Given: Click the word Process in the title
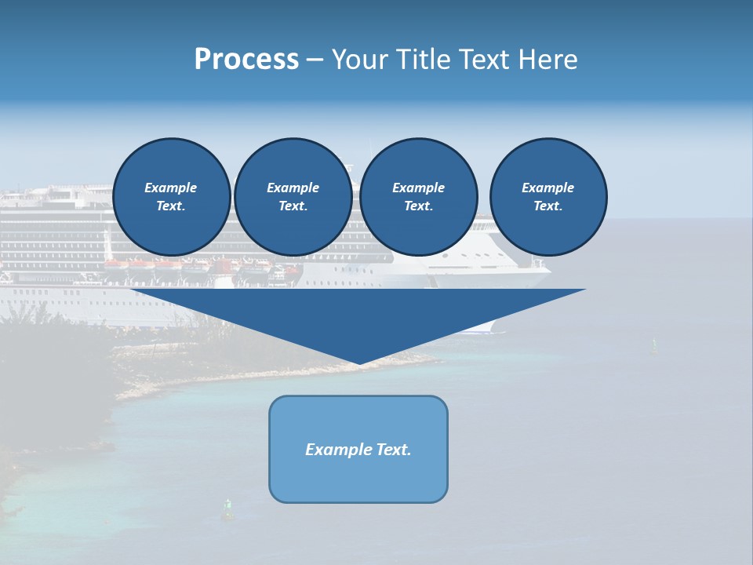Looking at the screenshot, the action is [246, 60].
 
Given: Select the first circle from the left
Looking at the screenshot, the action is [172, 196].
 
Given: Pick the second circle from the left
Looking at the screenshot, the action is [293, 196].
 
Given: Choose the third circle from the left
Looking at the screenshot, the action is [419, 196].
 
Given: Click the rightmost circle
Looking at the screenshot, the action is [548, 196].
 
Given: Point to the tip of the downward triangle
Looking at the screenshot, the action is [359, 363].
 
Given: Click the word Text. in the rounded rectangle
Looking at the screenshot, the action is [393, 450].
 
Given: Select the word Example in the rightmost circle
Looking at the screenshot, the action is [548, 188].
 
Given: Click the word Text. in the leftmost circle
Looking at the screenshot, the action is [171, 206].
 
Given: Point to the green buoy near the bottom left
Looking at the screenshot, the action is [228, 509].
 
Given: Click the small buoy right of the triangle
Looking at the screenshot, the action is [654, 345].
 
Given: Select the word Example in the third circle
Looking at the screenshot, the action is [419, 188].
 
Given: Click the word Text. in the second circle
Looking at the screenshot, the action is [293, 206].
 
